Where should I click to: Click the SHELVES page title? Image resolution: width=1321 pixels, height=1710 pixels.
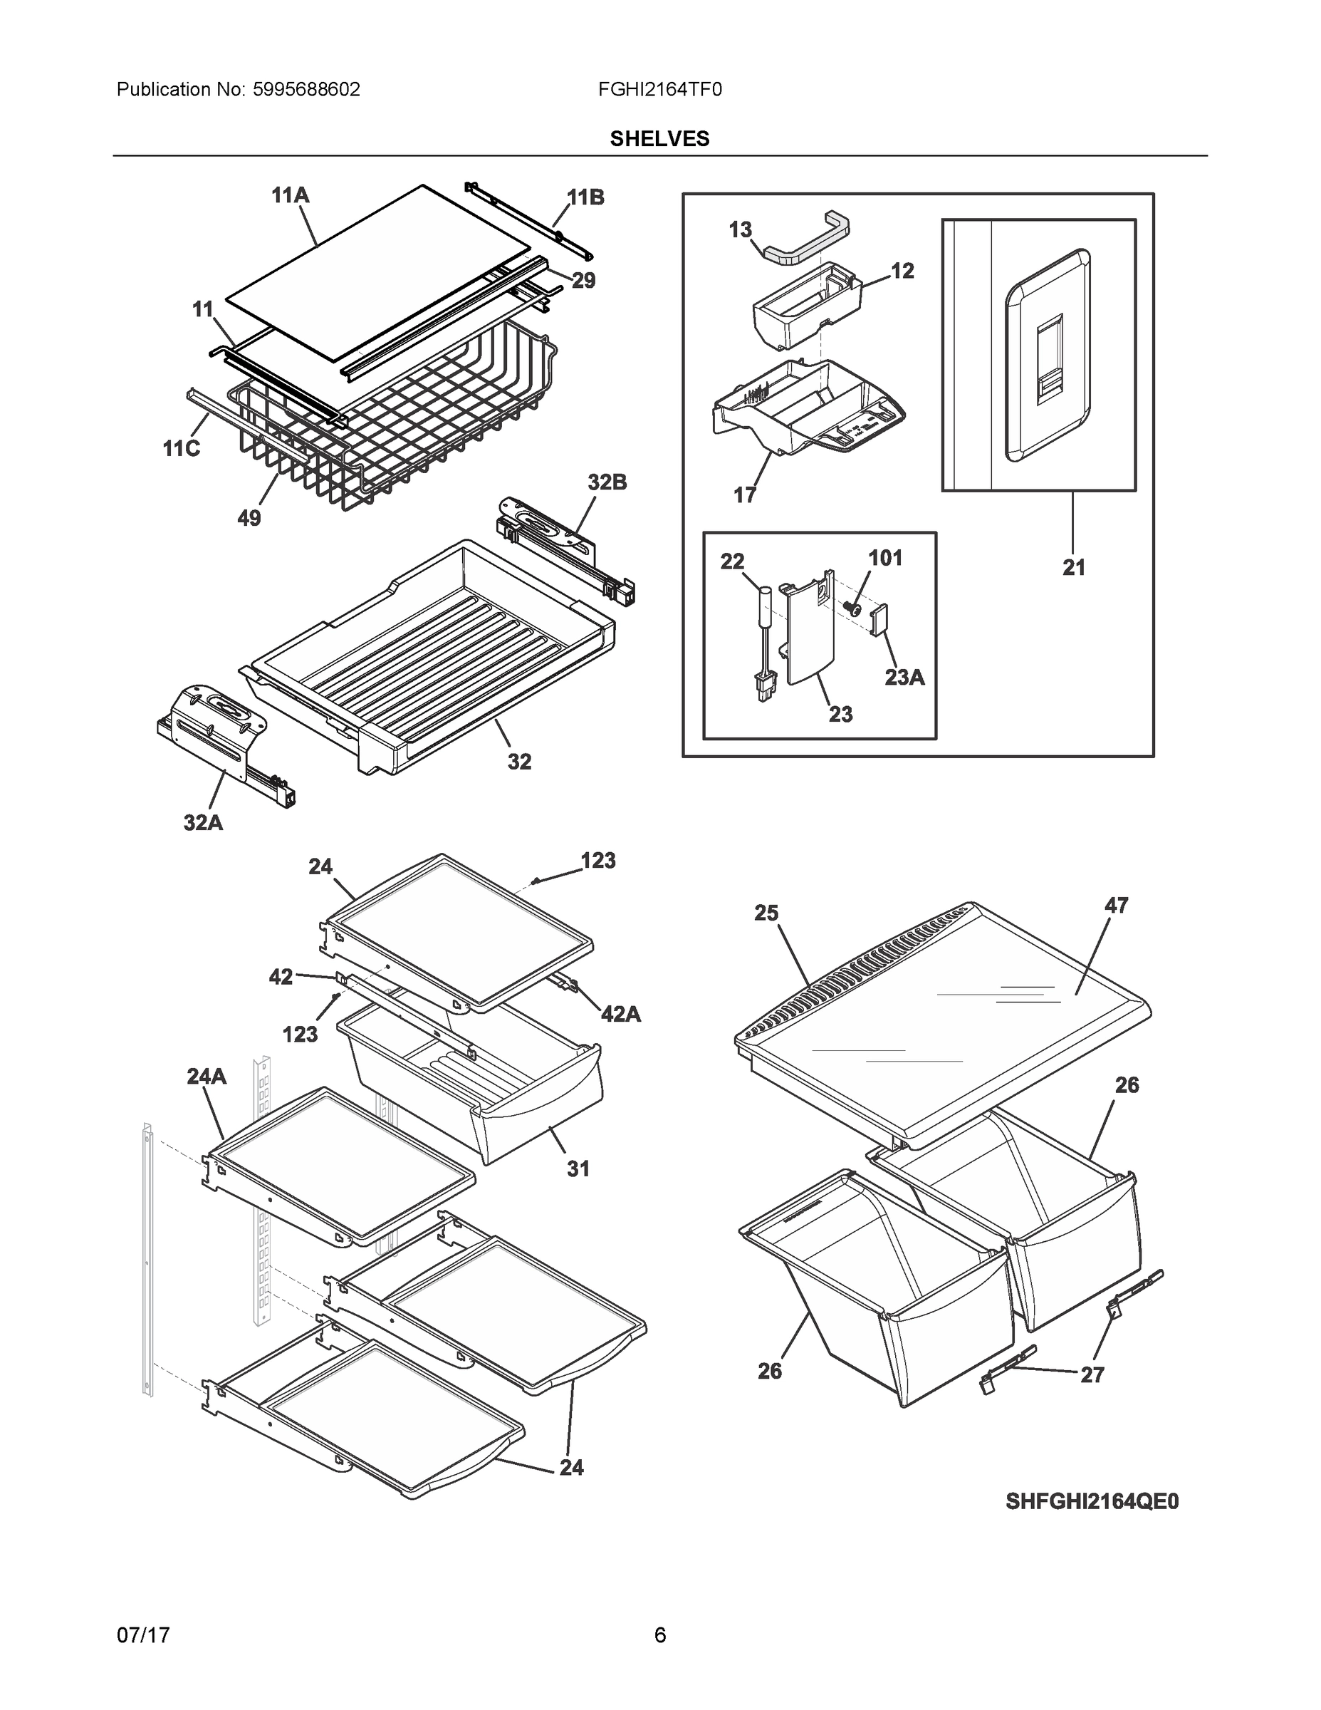(659, 139)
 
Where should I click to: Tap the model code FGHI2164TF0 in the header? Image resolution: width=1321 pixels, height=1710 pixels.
(659, 90)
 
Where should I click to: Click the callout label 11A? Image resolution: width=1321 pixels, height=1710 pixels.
(291, 195)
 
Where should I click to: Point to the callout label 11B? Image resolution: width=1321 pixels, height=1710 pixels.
(585, 198)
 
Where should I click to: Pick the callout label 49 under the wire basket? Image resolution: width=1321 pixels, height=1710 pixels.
(249, 518)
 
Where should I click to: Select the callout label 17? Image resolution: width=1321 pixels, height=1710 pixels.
(744, 495)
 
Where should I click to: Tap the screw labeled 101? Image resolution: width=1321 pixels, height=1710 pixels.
(855, 607)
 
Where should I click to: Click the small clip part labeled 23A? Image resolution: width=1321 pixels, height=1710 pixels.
(879, 619)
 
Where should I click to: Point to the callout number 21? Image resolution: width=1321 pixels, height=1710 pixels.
(1074, 568)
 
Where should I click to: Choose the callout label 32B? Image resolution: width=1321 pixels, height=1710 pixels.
(607, 482)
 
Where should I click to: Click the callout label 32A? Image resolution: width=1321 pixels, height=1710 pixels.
(204, 823)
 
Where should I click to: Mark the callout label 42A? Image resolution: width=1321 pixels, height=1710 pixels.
(620, 1015)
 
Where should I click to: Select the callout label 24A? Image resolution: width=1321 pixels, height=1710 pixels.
(207, 1077)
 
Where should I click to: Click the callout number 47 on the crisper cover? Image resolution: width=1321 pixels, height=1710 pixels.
(1116, 905)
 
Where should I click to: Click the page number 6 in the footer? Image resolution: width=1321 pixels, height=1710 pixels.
(659, 1635)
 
